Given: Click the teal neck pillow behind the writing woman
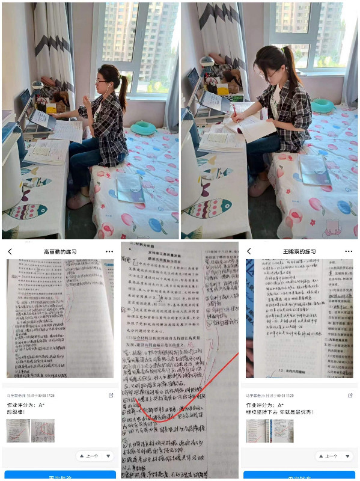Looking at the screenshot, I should pyautogui.click(x=323, y=105).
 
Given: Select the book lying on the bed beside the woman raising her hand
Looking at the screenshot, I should pyautogui.click(x=130, y=188).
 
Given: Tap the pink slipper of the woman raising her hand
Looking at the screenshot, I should pyautogui.click(x=79, y=201).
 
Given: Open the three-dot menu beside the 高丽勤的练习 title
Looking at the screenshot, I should pyautogui.click(x=109, y=251).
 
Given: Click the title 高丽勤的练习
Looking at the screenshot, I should pyautogui.click(x=59, y=251).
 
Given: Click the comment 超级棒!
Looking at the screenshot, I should pyautogui.click(x=17, y=412).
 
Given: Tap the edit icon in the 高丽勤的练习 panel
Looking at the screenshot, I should pyautogui.click(x=111, y=395).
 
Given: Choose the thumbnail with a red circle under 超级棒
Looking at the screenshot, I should pyautogui.click(x=43, y=430).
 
